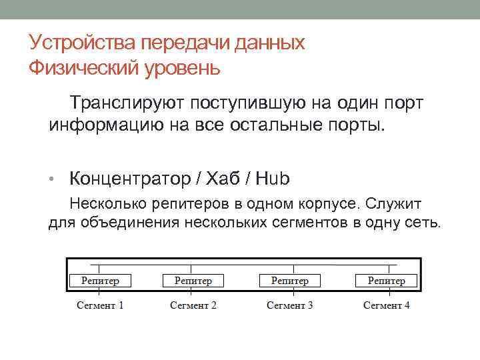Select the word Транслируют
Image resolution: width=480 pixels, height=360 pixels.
tap(127, 104)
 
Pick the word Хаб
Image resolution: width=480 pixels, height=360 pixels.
tap(226, 179)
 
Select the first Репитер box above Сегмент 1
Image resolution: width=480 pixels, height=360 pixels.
tap(100, 281)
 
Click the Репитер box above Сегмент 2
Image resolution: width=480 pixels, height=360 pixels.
tap(193, 281)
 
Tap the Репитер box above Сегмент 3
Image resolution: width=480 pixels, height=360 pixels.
tap(290, 281)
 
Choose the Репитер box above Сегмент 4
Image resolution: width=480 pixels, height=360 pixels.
tap(387, 281)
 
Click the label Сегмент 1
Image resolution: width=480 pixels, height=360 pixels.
tap(100, 305)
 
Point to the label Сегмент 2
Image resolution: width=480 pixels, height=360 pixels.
tap(193, 305)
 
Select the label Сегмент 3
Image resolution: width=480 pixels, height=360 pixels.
tap(290, 305)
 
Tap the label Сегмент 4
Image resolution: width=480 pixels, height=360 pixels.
tap(387, 305)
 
